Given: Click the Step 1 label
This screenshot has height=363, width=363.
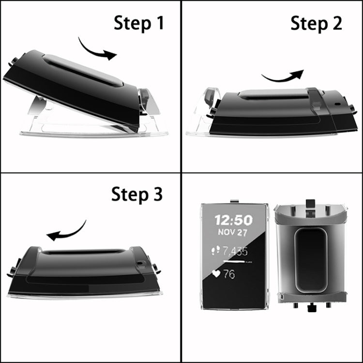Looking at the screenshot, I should coord(138,23).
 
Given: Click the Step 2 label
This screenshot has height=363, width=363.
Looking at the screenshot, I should coord(316,23).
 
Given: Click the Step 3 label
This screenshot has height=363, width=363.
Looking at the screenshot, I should coord(137,194).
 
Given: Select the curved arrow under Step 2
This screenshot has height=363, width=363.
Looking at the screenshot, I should coord(282,76).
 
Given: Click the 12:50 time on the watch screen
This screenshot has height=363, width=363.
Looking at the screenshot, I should coord(233,220).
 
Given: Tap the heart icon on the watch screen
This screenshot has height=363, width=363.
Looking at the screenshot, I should coord(216,274).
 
